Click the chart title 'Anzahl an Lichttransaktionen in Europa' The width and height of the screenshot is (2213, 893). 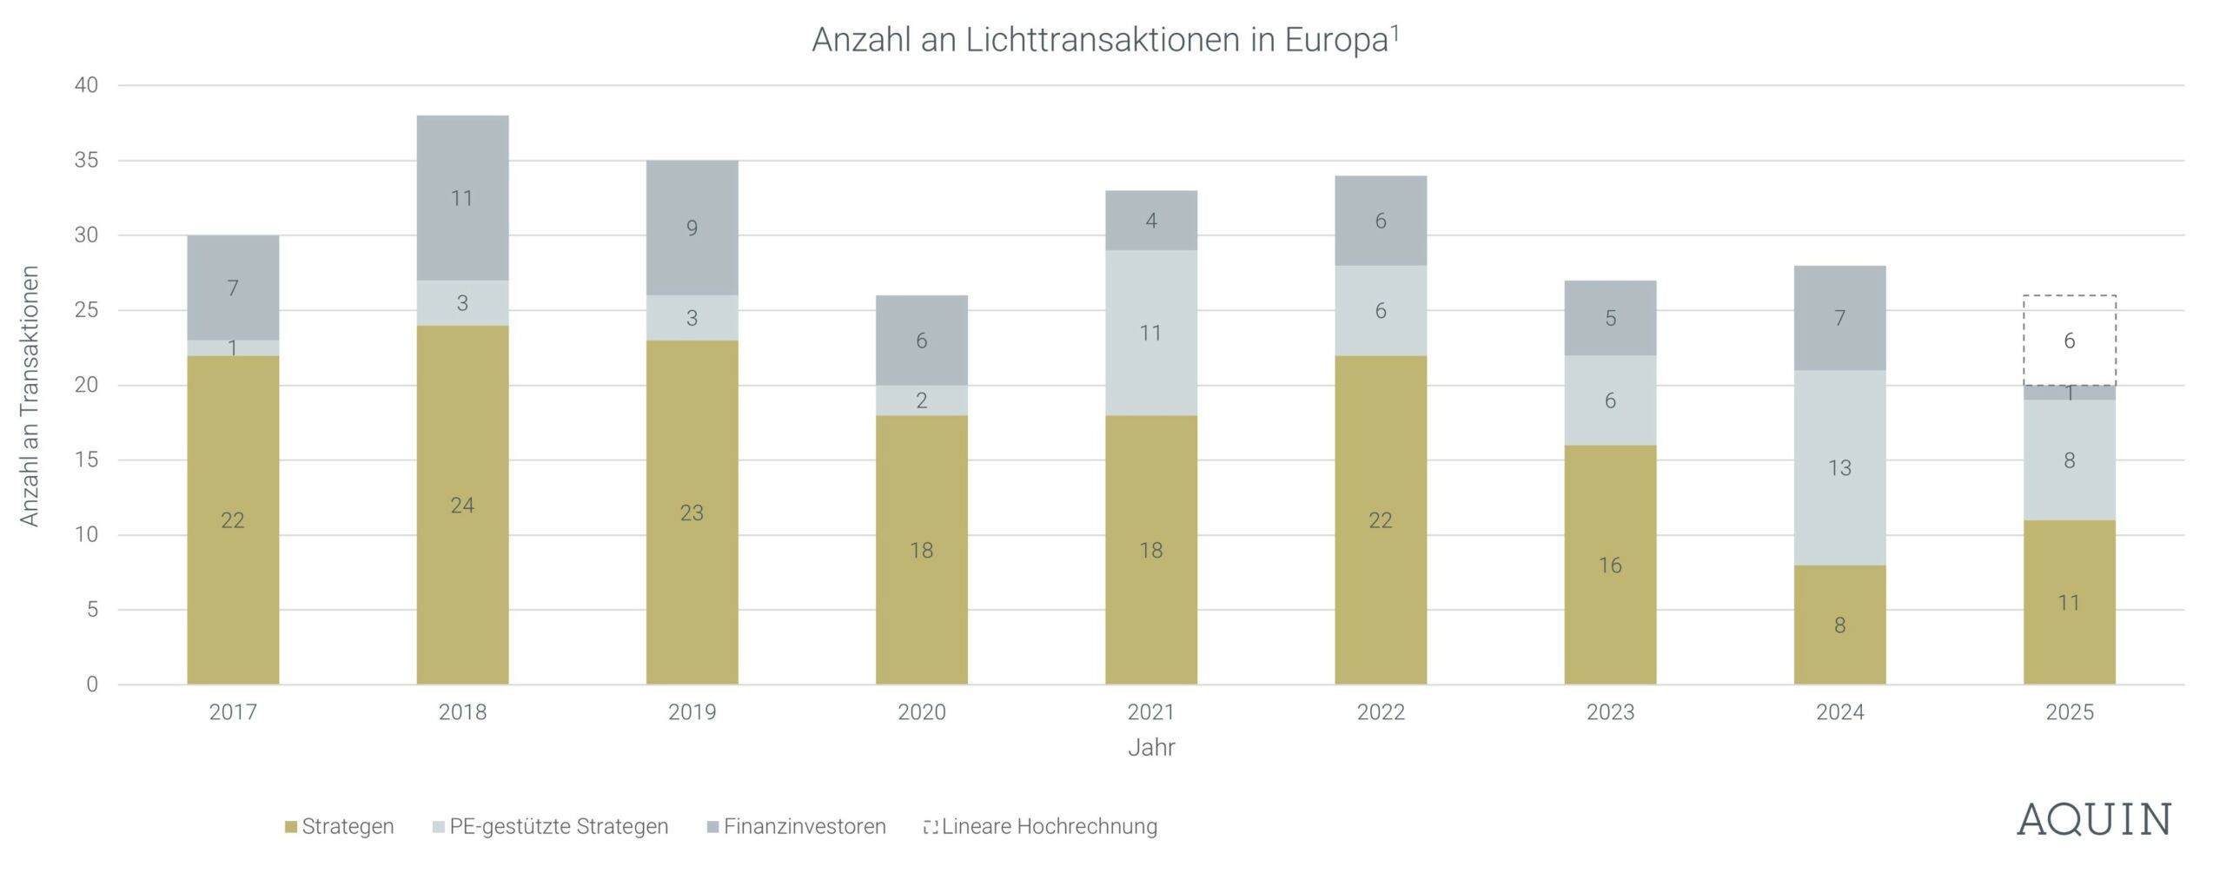(1099, 41)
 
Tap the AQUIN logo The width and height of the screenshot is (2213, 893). (2093, 821)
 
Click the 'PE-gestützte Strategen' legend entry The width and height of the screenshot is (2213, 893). (550, 826)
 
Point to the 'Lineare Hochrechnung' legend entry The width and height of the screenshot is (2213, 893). (1040, 826)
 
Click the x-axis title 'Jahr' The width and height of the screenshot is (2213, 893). (1151, 748)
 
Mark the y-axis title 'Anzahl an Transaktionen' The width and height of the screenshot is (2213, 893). (30, 396)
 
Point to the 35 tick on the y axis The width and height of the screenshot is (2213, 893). (86, 161)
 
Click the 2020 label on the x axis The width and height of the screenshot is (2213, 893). (922, 712)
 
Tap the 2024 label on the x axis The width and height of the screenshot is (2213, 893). (1839, 712)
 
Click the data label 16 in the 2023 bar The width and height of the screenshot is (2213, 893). (1610, 566)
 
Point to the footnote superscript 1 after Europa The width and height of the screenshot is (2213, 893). (1395, 32)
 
